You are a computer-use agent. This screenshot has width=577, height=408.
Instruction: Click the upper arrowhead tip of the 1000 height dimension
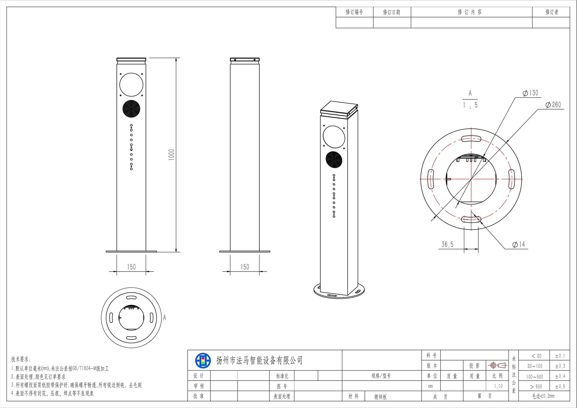pyautogui.click(x=176, y=58)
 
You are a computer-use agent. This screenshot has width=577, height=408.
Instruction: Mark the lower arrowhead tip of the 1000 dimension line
pyautogui.click(x=176, y=252)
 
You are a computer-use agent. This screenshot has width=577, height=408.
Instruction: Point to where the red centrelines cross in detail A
pyautogui.click(x=471, y=179)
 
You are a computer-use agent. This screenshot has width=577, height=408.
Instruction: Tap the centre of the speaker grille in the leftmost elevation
pyautogui.click(x=131, y=109)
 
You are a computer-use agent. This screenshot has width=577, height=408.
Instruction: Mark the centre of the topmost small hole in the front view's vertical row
pyautogui.click(x=131, y=125)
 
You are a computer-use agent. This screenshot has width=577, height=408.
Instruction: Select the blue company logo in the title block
pyautogui.click(x=203, y=361)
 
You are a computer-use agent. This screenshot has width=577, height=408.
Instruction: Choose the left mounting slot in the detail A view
pyautogui.click(x=431, y=179)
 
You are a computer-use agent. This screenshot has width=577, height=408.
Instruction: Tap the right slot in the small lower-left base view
pyautogui.click(x=151, y=317)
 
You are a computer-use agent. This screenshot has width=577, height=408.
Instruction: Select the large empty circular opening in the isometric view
pyautogui.click(x=334, y=137)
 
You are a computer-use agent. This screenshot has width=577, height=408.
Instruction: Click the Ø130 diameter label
pyautogui.click(x=531, y=93)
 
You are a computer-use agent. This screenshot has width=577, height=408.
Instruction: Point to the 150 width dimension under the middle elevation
pyautogui.click(x=245, y=267)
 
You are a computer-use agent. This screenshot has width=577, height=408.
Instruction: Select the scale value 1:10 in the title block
pyautogui.click(x=498, y=386)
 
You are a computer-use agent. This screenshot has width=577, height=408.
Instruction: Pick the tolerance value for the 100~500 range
pyautogui.click(x=560, y=376)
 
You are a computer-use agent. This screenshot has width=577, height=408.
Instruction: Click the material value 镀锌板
pyautogui.click(x=380, y=397)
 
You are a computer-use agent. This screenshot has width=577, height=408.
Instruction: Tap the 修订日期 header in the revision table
pyautogui.click(x=391, y=12)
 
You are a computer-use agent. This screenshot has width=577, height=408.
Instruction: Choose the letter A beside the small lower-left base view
pyautogui.click(x=165, y=317)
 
